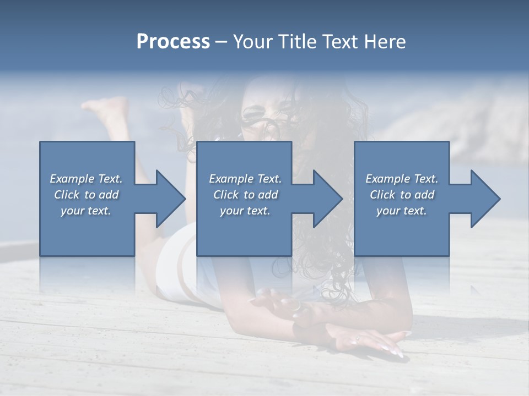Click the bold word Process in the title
tap(173, 42)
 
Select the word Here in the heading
tap(385, 42)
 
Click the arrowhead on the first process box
tap(168, 199)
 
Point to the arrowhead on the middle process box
tap(326, 199)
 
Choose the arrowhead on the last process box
tap(483, 199)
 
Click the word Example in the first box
tap(72, 179)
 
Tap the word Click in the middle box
tap(225, 195)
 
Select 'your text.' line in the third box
tap(402, 211)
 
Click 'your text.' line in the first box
tap(86, 211)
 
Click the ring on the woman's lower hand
tap(358, 337)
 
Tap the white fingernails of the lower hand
tap(395, 351)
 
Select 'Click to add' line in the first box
tap(87, 195)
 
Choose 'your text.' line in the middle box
tap(245, 211)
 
